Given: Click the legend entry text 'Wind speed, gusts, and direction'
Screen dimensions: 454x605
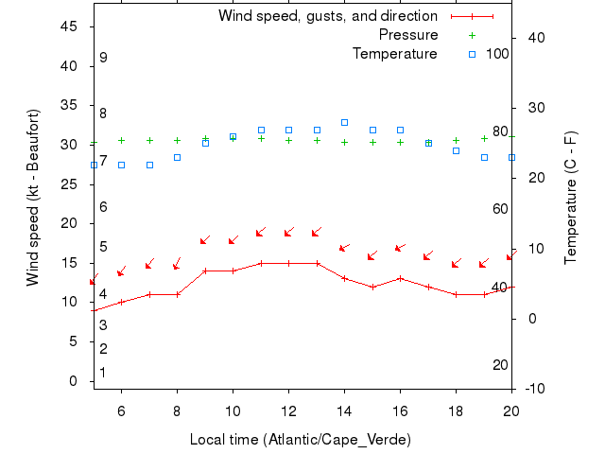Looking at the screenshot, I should (x=327, y=16).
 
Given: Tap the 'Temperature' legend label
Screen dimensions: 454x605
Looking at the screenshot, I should (x=394, y=54).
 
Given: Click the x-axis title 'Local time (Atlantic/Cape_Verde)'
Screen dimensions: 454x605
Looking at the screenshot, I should (x=301, y=440).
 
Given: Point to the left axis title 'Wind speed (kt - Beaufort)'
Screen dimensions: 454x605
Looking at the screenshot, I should (x=34, y=198).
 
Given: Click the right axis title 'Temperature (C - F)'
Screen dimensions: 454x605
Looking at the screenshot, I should (x=571, y=198).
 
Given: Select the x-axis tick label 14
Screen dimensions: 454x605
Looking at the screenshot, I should (x=344, y=410).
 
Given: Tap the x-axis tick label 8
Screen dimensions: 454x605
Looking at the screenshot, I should (x=177, y=410).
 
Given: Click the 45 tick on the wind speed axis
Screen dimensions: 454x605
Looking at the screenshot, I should (x=68, y=26).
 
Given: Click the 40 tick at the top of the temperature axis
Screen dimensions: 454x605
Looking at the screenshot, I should (x=532, y=37).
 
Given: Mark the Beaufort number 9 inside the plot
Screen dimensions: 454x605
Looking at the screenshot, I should (x=103, y=58).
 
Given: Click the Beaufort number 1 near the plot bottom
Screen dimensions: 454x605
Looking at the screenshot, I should (x=103, y=373).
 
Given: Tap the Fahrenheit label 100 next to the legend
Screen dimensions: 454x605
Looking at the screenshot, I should (x=497, y=54).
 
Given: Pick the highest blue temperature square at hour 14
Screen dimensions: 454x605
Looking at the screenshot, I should (x=344, y=122).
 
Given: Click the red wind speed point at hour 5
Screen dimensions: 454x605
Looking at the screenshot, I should (x=94, y=310).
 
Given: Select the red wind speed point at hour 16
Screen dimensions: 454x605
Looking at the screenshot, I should (x=400, y=278).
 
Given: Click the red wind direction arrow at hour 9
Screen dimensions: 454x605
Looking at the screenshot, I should (x=204, y=240).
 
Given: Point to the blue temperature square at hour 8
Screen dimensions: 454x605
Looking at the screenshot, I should (x=177, y=157).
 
